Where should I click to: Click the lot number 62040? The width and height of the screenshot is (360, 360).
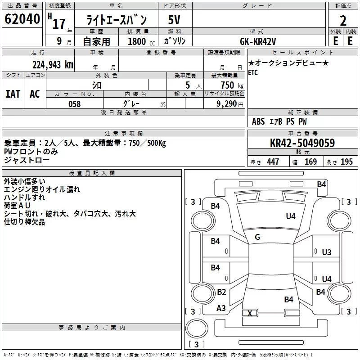click(x=22, y=19)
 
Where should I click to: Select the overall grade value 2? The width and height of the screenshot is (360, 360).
click(x=343, y=21)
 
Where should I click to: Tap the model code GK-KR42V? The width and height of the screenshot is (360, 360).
click(x=258, y=41)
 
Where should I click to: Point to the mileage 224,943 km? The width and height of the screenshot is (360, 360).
click(x=53, y=65)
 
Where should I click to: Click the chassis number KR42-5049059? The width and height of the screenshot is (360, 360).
click(x=302, y=143)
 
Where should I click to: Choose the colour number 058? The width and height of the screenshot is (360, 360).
click(x=75, y=104)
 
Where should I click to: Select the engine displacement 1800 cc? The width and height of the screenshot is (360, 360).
click(x=141, y=41)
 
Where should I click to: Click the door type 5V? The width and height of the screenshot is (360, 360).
click(x=174, y=20)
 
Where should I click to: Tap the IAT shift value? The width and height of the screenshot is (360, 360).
click(x=13, y=94)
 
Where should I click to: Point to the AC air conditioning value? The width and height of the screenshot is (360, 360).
click(x=35, y=94)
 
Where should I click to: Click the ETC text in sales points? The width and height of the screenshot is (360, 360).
click(x=253, y=72)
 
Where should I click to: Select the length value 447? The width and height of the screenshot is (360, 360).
click(x=273, y=162)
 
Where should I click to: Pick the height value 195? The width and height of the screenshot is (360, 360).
click(x=346, y=162)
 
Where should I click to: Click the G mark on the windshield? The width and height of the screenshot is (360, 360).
click(x=257, y=237)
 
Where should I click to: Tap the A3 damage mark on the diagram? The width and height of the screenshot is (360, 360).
click(x=221, y=308)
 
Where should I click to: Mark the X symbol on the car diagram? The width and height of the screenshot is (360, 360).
click(x=250, y=313)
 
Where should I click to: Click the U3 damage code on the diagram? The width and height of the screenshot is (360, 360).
click(x=327, y=252)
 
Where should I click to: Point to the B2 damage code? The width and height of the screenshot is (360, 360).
click(x=221, y=292)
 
